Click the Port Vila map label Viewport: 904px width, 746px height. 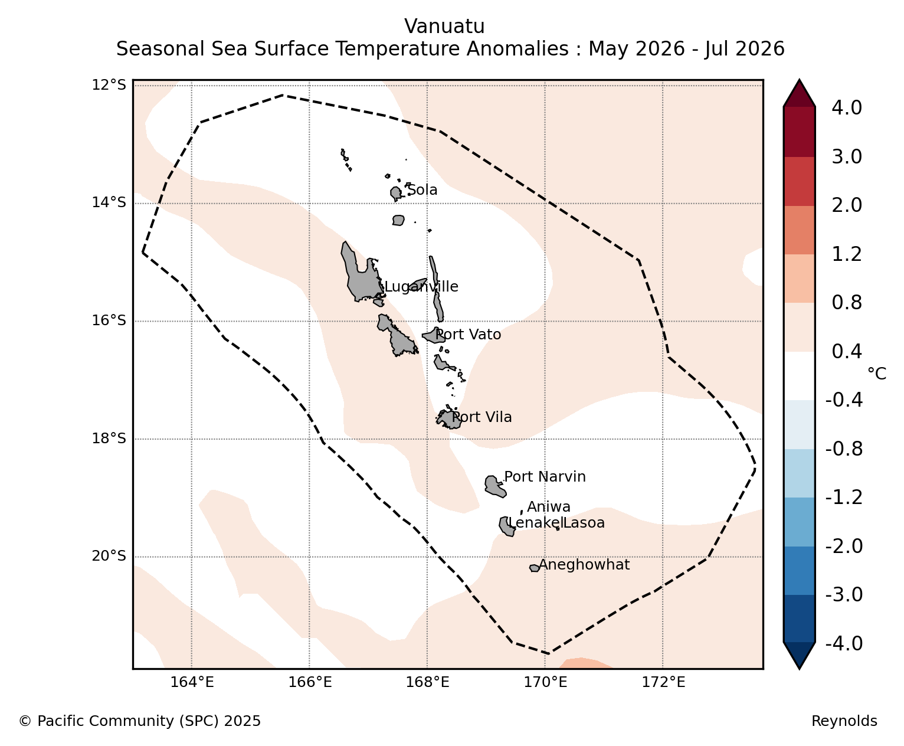click(x=482, y=417)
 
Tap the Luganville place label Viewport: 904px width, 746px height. click(x=421, y=287)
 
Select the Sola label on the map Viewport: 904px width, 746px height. click(x=422, y=190)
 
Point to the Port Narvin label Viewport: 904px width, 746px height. click(x=545, y=477)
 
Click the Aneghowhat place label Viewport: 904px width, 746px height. click(x=584, y=565)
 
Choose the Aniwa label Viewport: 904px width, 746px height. click(x=549, y=506)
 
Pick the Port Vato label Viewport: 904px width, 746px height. click(x=468, y=335)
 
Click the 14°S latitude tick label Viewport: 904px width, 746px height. click(x=109, y=202)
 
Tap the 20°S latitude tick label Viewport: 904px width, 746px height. click(x=109, y=555)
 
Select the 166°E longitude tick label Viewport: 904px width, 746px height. click(x=310, y=682)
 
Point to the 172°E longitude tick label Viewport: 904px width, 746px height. click(x=663, y=682)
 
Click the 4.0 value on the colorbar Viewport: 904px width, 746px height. click(x=847, y=108)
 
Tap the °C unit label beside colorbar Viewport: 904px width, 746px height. click(x=877, y=374)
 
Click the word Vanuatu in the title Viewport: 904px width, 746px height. click(x=445, y=27)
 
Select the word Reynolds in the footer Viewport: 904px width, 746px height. click(x=844, y=721)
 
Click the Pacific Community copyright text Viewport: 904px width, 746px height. click(x=139, y=721)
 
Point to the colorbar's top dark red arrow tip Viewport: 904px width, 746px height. click(x=799, y=80)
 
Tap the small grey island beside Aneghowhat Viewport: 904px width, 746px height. click(x=535, y=568)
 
